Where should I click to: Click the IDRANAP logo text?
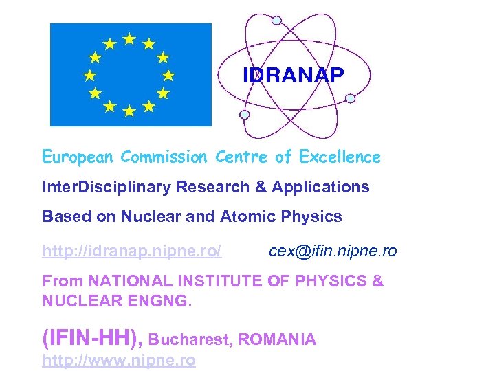coord(293,76)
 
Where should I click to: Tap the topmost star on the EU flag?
coord(129,38)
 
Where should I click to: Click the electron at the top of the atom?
coord(276,21)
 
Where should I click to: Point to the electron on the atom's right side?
coord(350,98)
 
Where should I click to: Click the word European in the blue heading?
coord(78,157)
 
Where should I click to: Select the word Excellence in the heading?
coord(340,157)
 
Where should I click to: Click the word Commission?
coord(164,157)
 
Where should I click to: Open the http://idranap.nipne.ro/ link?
coord(132,251)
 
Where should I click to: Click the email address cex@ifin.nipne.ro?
coord(333,251)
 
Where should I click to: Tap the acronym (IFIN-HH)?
coord(91,338)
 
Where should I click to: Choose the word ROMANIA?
coord(278,339)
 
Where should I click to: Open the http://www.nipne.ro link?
coord(119,361)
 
